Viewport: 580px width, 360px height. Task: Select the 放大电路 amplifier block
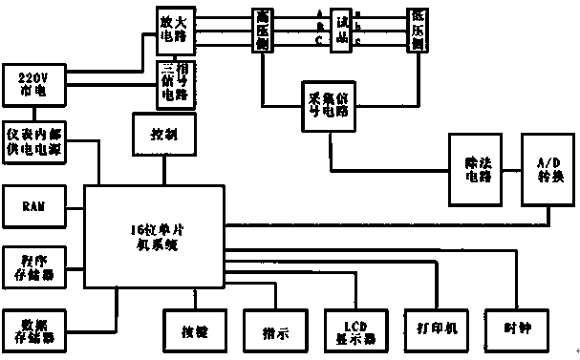[x=176, y=29]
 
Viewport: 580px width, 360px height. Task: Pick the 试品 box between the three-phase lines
[x=340, y=30]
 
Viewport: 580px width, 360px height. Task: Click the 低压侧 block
[x=417, y=30]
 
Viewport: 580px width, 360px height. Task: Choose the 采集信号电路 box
[x=328, y=105]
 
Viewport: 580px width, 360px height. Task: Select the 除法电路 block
[x=477, y=168]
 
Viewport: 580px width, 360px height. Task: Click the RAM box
[x=34, y=205]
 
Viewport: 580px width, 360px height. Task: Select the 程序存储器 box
[x=34, y=264]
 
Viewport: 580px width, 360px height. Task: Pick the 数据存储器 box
[x=34, y=328]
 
